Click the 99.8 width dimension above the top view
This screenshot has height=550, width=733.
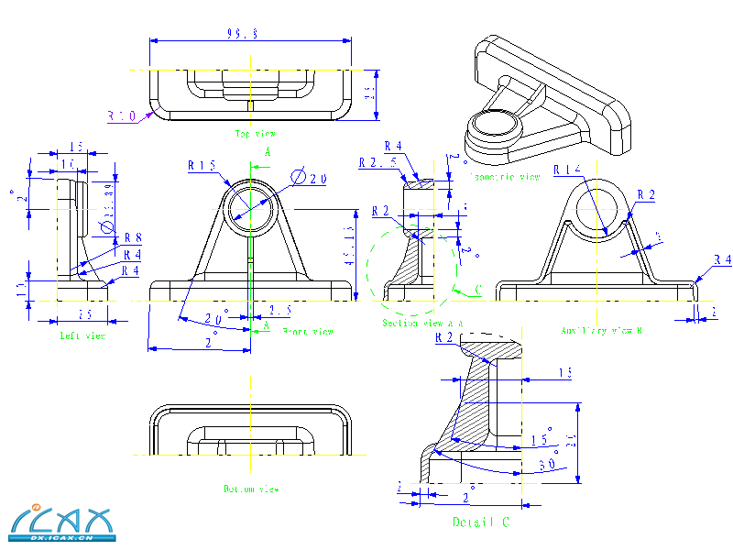(242, 33)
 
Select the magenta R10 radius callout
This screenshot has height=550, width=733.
(122, 116)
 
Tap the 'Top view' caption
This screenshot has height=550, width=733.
(255, 134)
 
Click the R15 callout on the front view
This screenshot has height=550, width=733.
(202, 166)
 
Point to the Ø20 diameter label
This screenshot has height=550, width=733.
(311, 179)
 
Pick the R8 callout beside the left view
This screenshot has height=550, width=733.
(132, 237)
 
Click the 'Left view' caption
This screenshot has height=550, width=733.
(82, 336)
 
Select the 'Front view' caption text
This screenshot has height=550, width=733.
(308, 332)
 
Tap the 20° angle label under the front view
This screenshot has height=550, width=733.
(216, 319)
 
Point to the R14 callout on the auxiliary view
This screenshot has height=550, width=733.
(568, 170)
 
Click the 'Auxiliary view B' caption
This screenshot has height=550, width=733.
(600, 330)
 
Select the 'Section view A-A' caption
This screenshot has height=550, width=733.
(422, 324)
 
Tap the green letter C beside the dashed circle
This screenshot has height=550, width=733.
(478, 291)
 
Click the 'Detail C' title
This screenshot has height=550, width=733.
(480, 522)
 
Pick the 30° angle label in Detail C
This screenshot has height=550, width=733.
(548, 464)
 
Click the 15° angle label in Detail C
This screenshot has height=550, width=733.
(542, 438)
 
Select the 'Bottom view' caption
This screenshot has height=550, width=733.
(250, 489)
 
